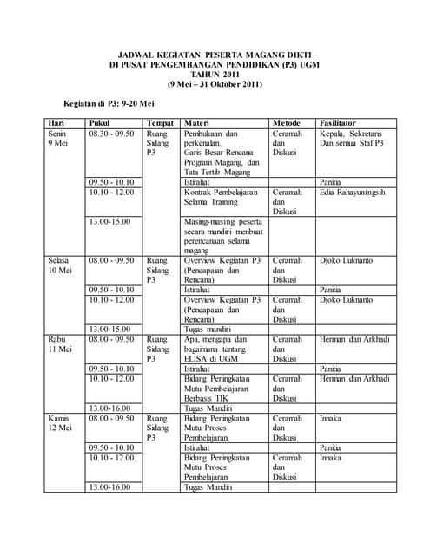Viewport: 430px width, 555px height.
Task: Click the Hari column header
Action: coord(56,123)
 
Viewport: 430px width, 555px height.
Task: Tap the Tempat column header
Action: coord(160,123)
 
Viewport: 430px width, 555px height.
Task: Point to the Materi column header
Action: coord(197,123)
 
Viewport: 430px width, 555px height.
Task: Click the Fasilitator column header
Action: coord(343,123)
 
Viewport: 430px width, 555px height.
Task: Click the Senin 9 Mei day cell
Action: coord(59,140)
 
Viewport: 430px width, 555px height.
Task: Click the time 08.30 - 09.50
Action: coord(111,134)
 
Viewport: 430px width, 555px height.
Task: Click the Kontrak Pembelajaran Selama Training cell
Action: coord(222,198)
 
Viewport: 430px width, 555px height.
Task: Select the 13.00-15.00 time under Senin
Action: coord(109,221)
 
